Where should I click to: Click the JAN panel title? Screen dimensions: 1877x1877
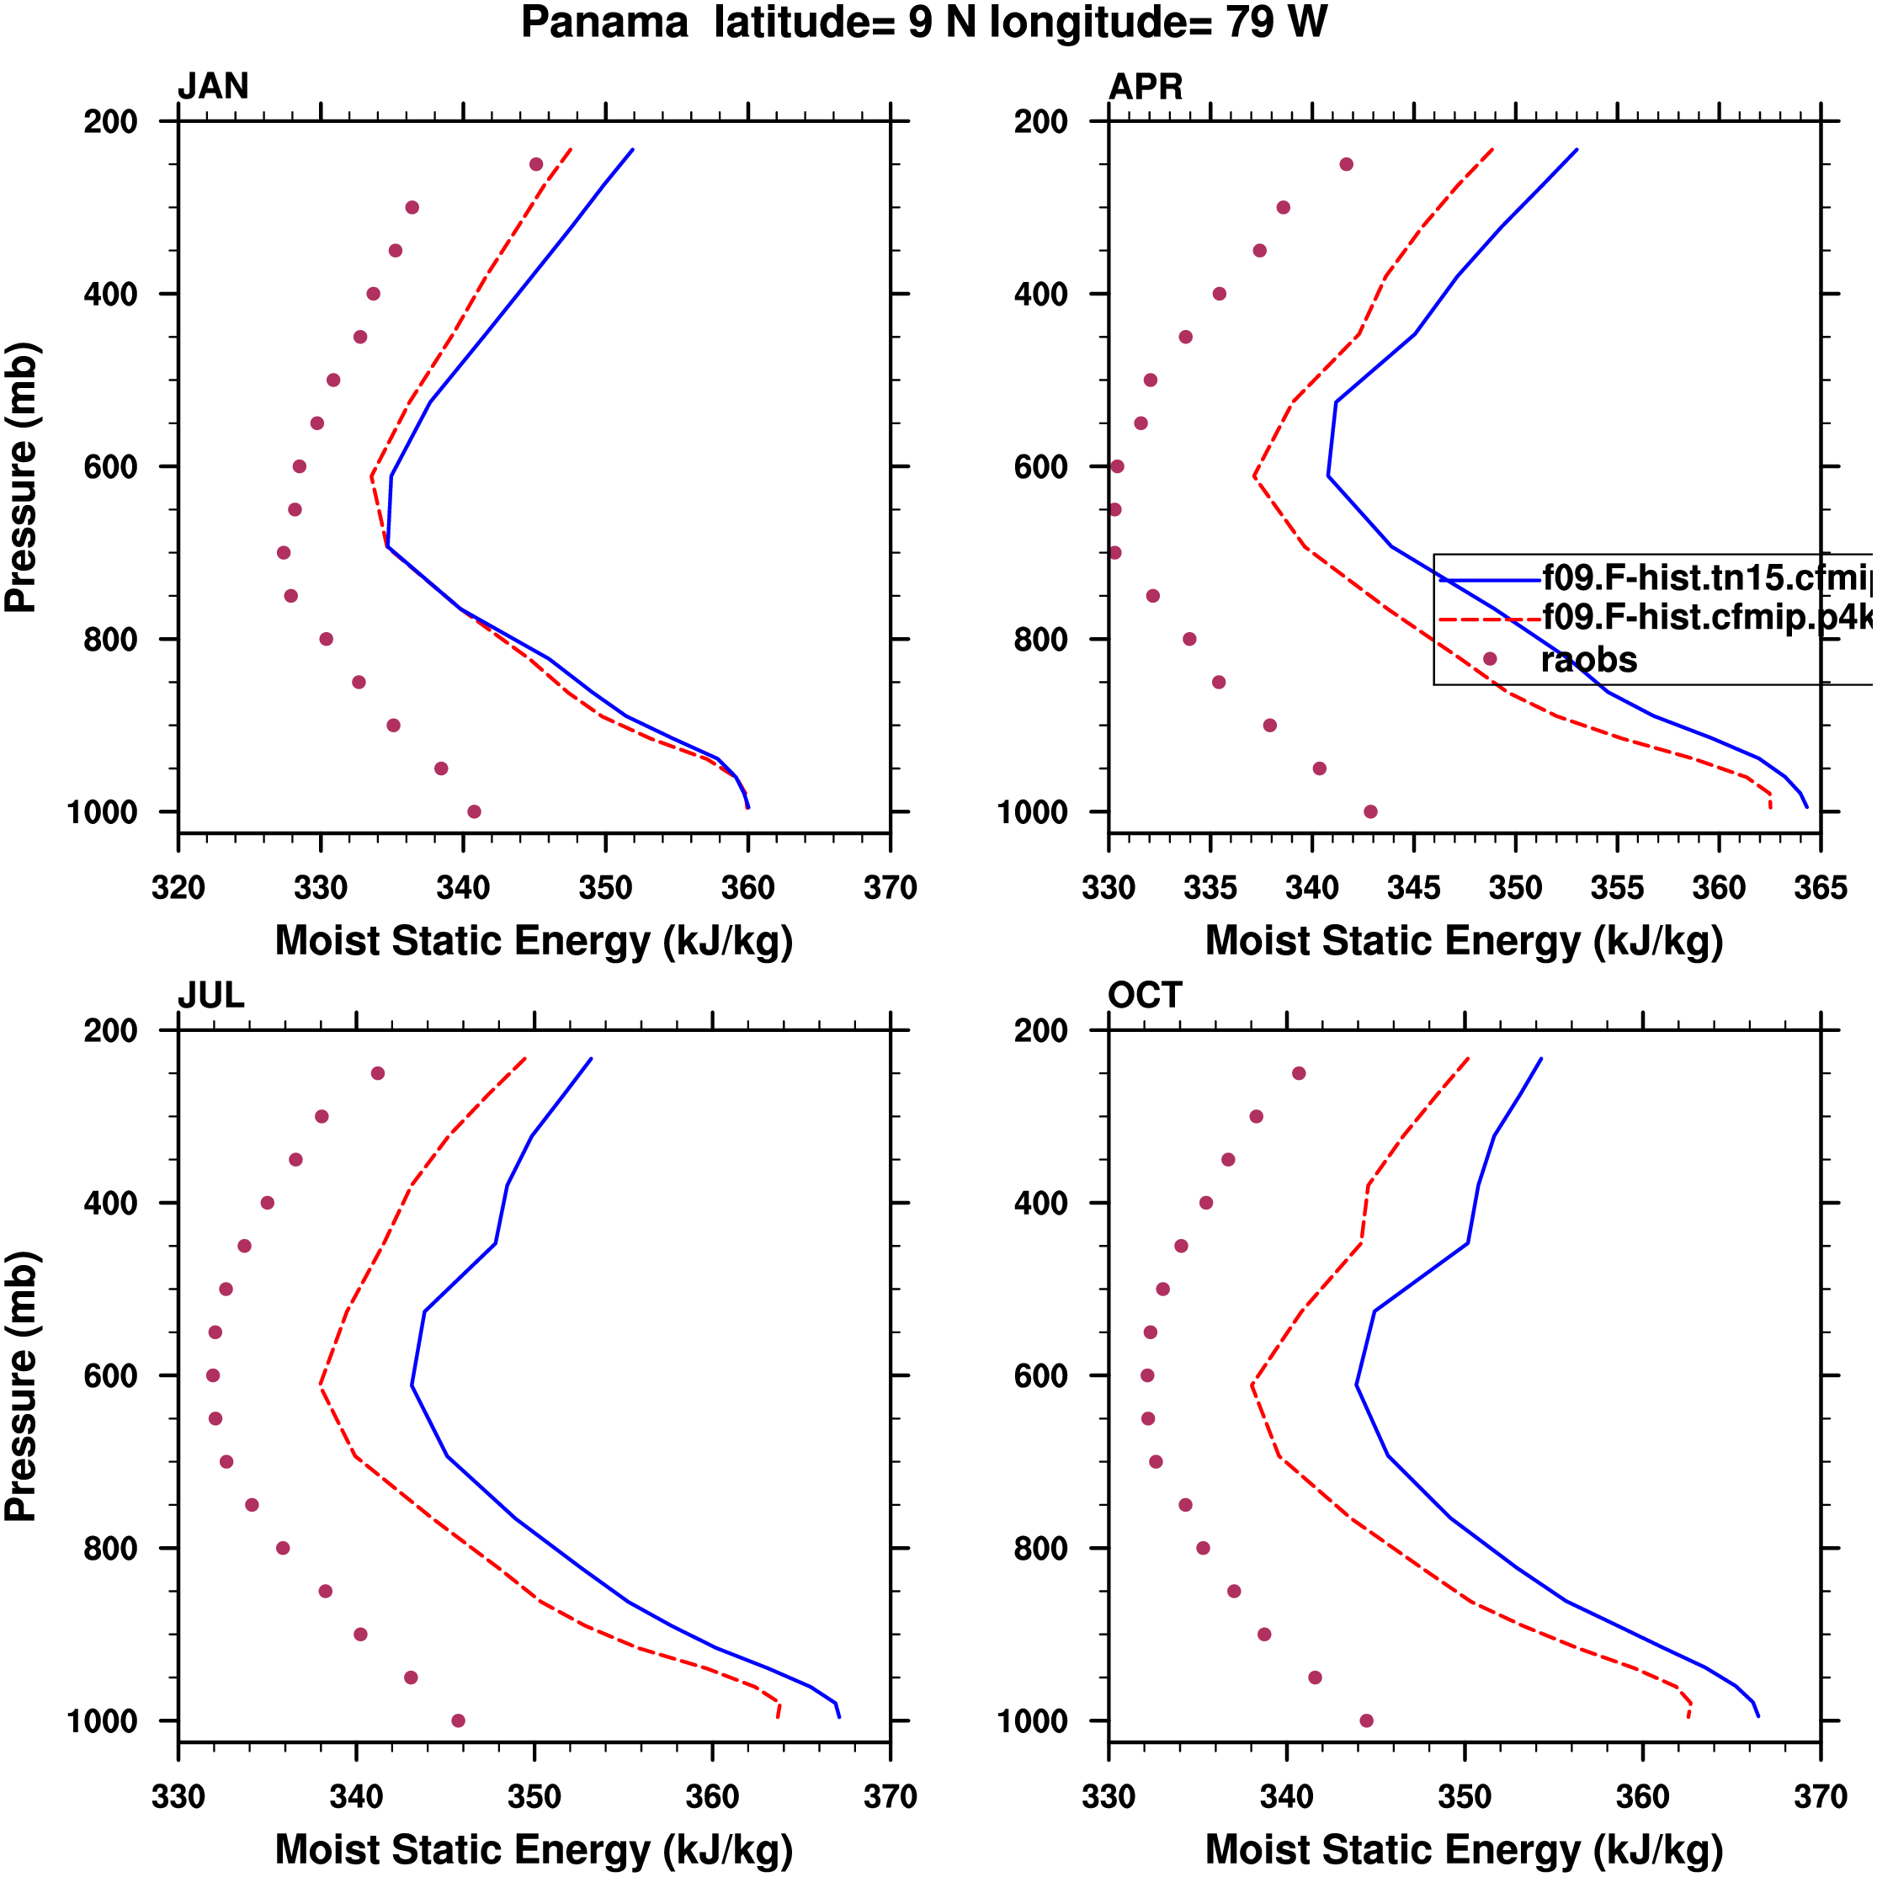pos(213,88)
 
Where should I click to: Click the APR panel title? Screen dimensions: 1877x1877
pos(1146,88)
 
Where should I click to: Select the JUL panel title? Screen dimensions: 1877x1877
pos(210,996)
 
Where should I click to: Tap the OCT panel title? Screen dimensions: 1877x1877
pos(1145,996)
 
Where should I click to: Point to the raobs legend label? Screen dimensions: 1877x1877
pos(1588,661)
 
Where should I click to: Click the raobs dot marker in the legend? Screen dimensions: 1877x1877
pos(1489,659)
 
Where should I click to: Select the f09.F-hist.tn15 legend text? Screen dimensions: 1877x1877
pos(1705,578)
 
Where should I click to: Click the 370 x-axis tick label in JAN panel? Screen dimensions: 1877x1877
pos(890,888)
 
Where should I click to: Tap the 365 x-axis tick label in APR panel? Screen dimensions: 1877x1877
pos(1820,888)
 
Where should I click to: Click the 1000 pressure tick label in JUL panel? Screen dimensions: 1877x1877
pos(102,1721)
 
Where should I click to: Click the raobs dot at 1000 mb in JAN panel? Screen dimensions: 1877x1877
pos(474,812)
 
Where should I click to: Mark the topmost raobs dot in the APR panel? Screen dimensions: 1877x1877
pos(1347,164)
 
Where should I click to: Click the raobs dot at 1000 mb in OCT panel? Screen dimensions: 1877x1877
pos(1366,1720)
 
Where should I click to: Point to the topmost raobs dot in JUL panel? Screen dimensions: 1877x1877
pos(378,1073)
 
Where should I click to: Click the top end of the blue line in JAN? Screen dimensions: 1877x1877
pos(632,150)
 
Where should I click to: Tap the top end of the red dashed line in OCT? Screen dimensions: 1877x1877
pos(1468,1059)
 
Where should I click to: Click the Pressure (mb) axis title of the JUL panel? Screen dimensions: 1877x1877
pos(21,1385)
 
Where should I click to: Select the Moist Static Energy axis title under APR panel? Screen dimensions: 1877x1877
pos(1464,941)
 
